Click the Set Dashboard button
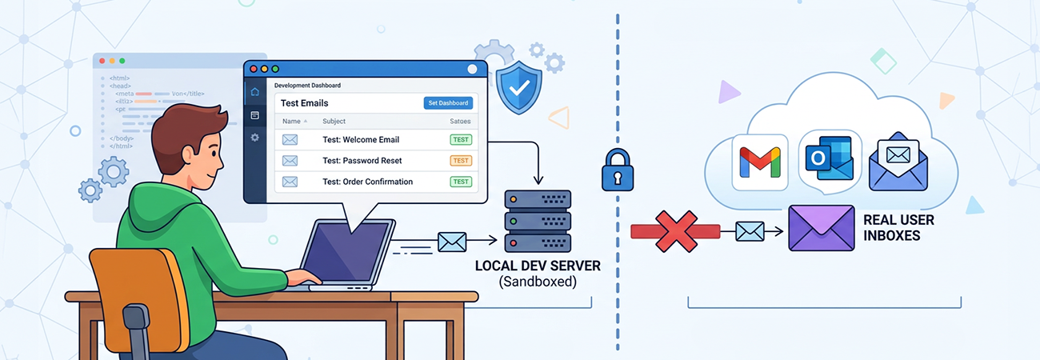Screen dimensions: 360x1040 coord(448,102)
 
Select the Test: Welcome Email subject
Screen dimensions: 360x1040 coord(360,139)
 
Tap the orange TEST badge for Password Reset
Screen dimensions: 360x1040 coord(461,160)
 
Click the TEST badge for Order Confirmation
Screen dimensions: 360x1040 coord(461,182)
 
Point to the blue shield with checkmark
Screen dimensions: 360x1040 coord(518,89)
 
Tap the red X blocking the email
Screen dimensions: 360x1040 coord(674,231)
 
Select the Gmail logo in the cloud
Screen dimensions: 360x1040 coord(759,162)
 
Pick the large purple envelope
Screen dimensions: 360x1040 coord(821,228)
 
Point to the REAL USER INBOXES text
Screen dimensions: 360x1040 coord(898,227)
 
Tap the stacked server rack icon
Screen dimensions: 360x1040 coord(537,220)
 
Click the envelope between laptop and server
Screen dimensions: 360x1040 coord(452,241)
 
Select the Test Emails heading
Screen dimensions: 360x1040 coord(304,103)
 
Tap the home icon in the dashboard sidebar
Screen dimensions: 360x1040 coord(254,91)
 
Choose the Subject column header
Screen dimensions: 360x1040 coord(334,122)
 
